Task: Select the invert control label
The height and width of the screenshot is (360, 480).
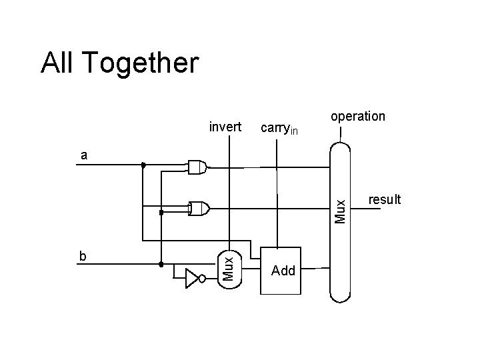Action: (225, 127)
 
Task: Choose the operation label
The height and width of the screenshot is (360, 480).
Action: (358, 116)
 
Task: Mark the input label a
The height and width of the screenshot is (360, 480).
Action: (83, 155)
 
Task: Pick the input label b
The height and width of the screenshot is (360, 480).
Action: (83, 255)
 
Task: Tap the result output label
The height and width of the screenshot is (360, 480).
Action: (385, 199)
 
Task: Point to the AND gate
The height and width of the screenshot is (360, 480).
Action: (197, 167)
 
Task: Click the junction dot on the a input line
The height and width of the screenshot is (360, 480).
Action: (143, 164)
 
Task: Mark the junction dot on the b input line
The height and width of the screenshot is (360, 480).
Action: (161, 264)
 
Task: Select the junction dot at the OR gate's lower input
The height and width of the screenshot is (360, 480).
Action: (161, 213)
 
